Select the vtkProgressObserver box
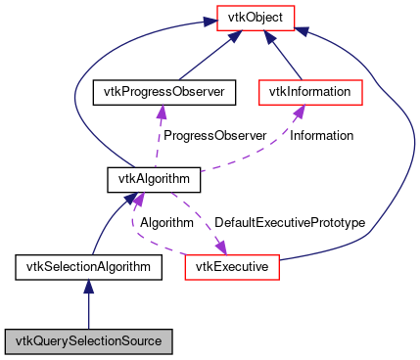pyautogui.click(x=159, y=92)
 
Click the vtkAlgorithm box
pyautogui.click(x=153, y=179)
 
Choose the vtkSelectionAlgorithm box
pyautogui.click(x=87, y=265)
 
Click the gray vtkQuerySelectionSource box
pyautogui.click(x=88, y=341)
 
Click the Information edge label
pyautogui.click(x=321, y=136)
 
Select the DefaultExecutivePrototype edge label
pyautogui.click(x=289, y=223)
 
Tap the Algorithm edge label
pyautogui.click(x=166, y=223)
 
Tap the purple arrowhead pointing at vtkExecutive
pyautogui.click(x=220, y=247)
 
